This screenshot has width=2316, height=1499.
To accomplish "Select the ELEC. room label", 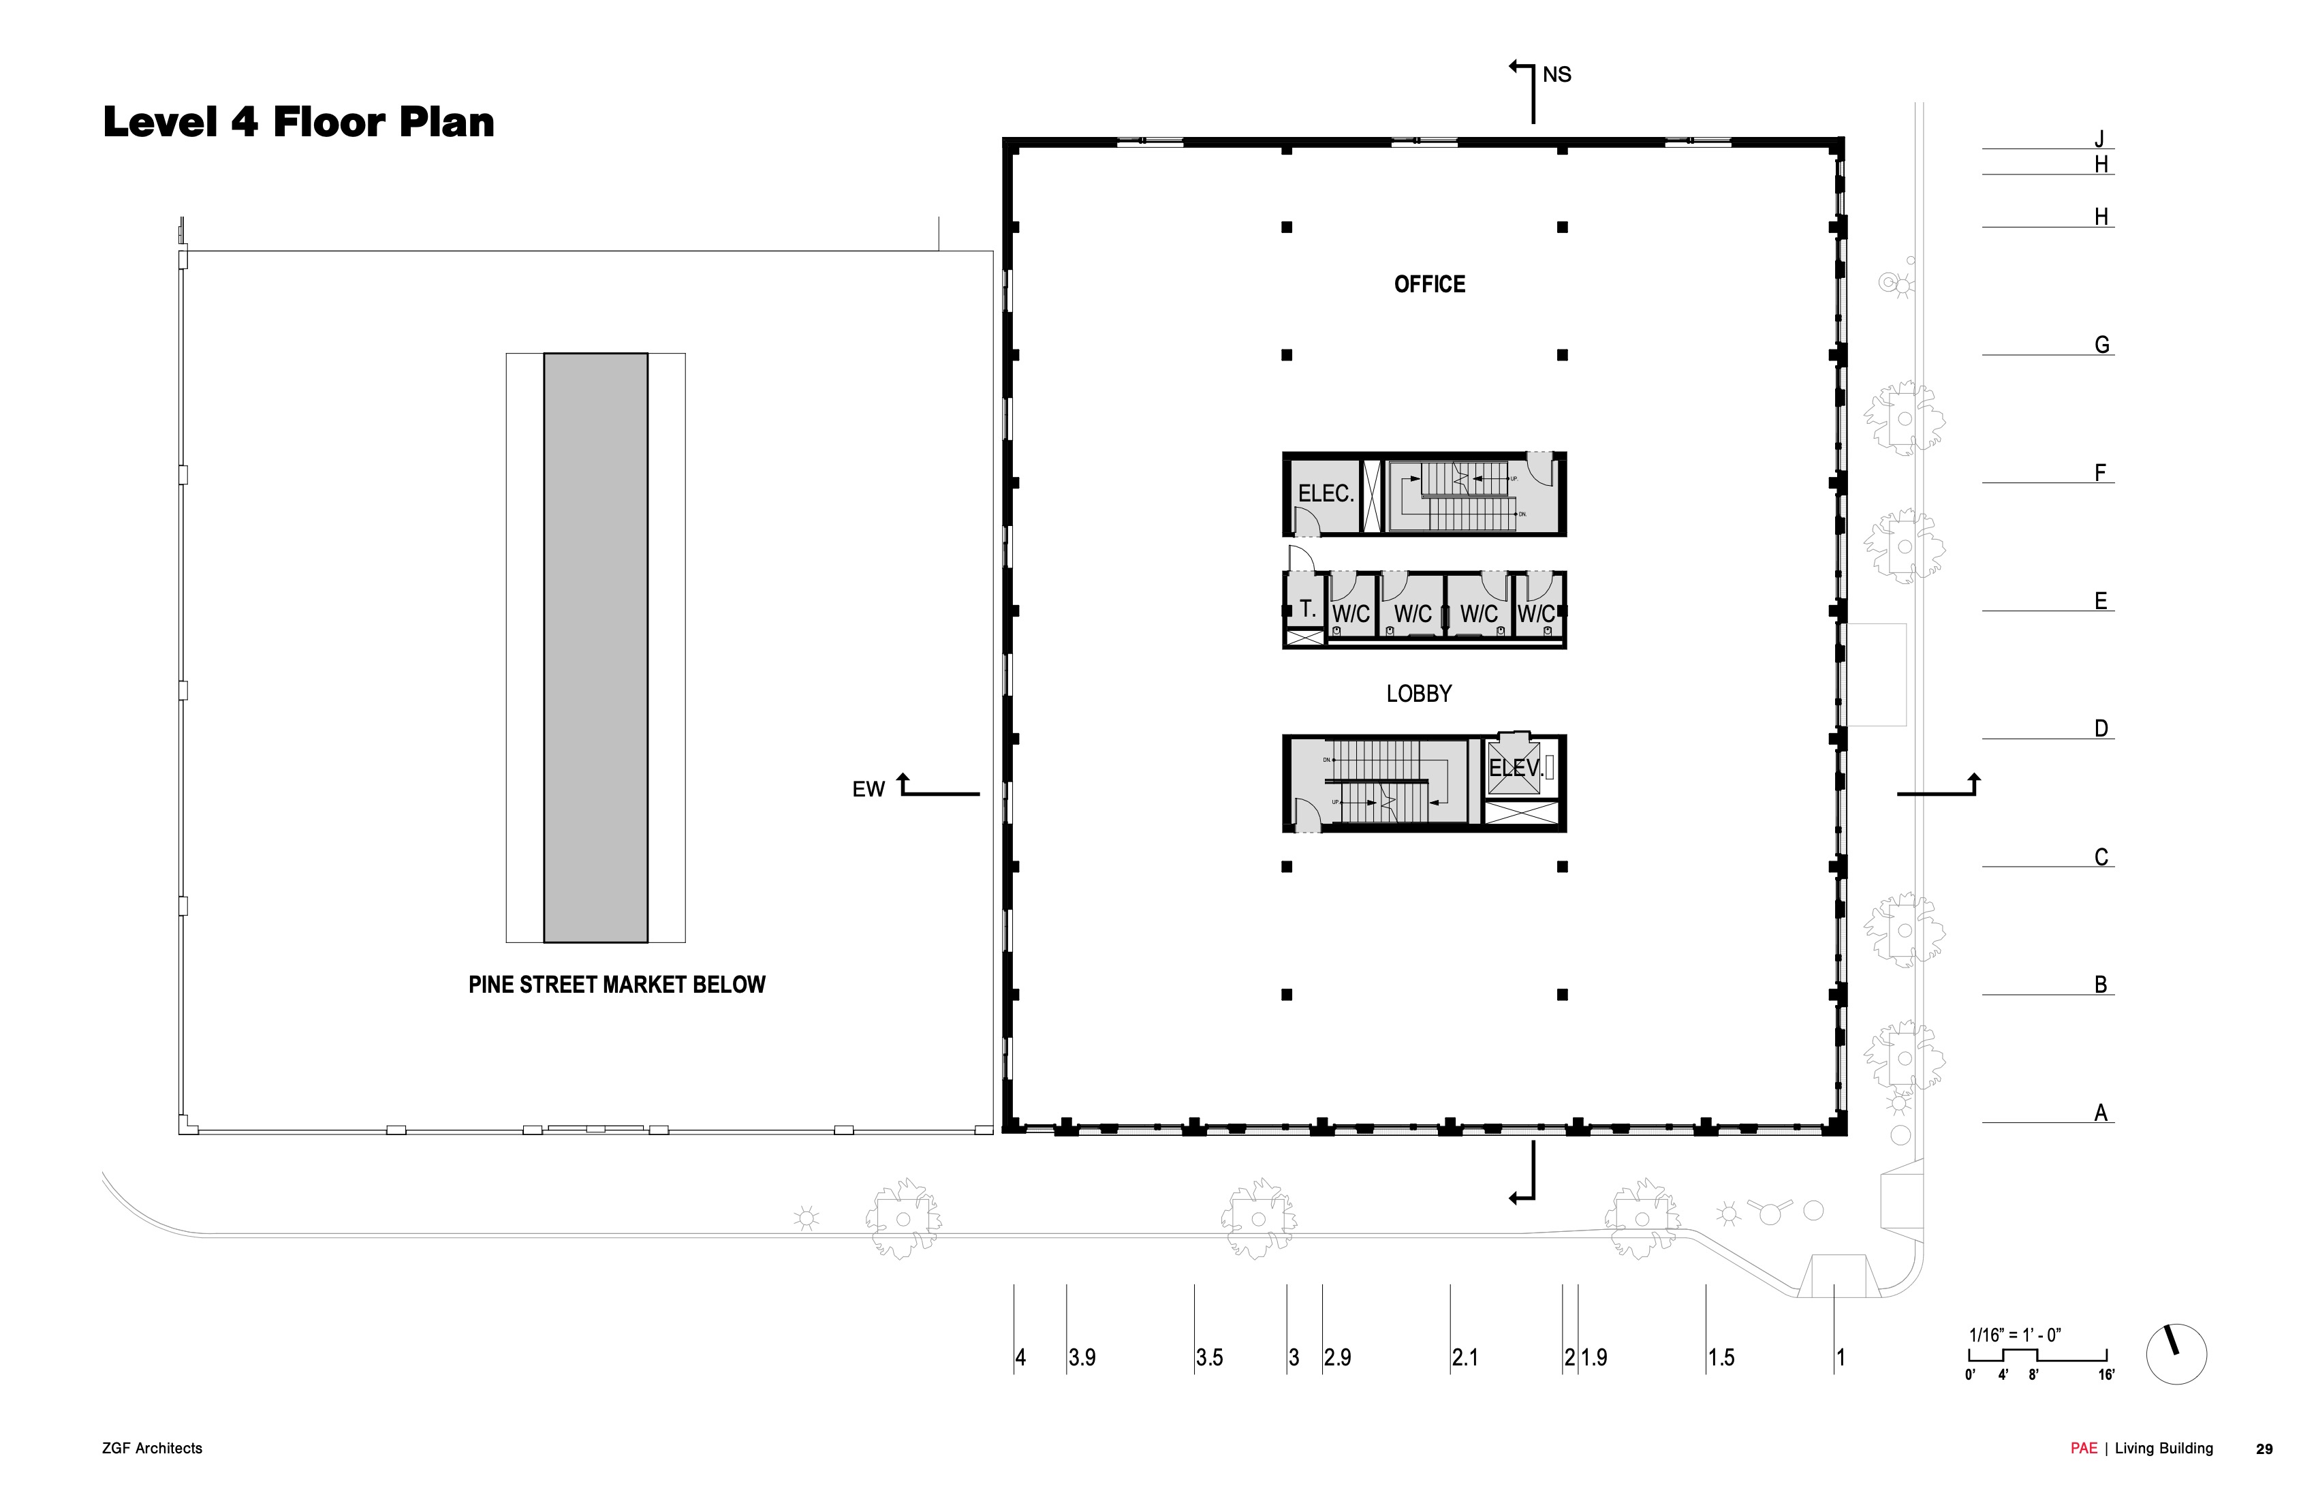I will [1326, 493].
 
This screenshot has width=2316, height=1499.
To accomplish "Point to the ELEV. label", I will [1515, 768].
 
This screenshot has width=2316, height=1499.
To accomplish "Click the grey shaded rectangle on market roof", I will [595, 647].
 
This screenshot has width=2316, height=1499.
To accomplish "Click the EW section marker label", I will [868, 790].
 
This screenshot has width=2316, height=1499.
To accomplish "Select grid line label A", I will [2100, 1113].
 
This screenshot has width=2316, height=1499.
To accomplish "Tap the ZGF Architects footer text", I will [152, 1449].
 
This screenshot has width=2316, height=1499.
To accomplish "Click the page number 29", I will [2264, 1449].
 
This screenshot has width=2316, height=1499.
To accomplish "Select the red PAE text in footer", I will [2084, 1449].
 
